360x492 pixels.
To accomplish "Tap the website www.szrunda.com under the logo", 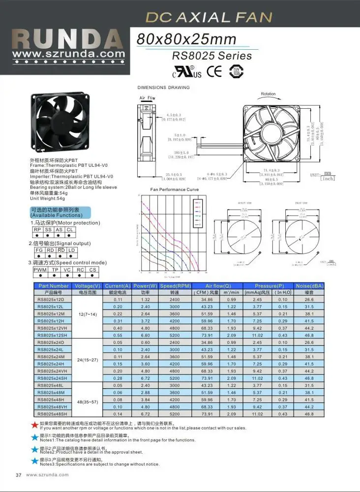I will (x=69, y=54).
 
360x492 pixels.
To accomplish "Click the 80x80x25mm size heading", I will (x=186, y=39).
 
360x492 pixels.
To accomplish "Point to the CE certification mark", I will (x=214, y=71).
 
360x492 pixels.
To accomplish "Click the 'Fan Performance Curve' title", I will (x=168, y=189).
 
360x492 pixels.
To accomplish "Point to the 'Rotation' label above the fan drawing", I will (x=268, y=93).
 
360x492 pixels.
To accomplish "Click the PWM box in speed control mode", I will (x=39, y=270).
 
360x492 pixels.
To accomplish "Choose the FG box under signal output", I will (x=39, y=250).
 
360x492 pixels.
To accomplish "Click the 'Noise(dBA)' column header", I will (x=309, y=285).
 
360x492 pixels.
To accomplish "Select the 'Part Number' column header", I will (x=53, y=285).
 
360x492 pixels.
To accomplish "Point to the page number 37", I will (x=19, y=475).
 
